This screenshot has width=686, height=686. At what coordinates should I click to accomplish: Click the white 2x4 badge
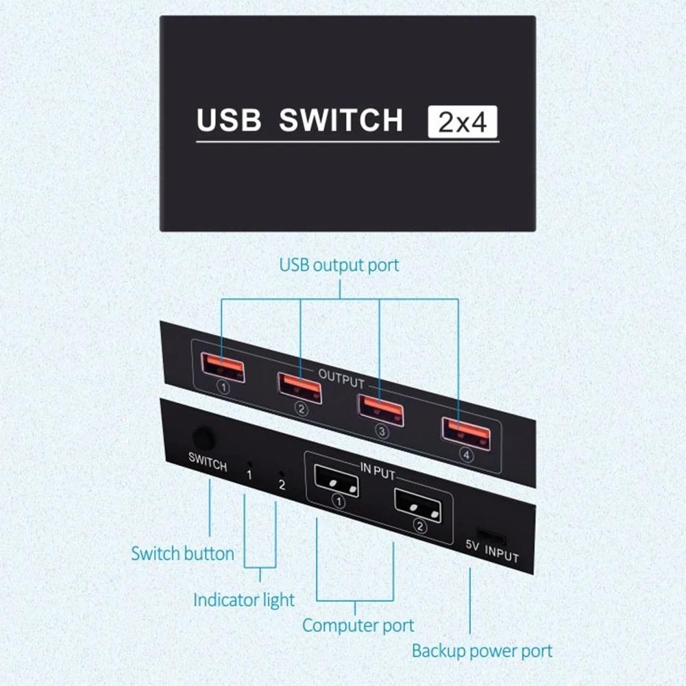click(463, 122)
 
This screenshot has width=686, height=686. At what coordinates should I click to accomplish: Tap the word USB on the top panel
click(229, 120)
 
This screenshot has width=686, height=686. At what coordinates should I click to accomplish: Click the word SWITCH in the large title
click(341, 120)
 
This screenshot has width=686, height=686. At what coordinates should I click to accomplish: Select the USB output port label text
click(339, 265)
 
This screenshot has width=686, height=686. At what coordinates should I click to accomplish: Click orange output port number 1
click(223, 367)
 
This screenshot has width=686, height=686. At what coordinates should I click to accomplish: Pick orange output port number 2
click(300, 388)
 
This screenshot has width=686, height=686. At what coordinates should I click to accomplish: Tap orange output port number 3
click(380, 410)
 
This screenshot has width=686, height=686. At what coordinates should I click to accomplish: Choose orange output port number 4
click(467, 433)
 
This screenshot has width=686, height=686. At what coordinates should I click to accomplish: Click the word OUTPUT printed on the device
click(341, 379)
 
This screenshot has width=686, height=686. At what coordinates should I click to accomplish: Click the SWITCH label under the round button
click(208, 462)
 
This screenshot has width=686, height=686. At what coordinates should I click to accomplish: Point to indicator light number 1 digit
click(249, 475)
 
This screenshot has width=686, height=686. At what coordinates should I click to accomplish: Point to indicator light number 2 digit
click(282, 485)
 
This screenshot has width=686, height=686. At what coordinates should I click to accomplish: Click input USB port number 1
click(336, 481)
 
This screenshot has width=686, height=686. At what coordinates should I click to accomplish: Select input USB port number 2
click(418, 505)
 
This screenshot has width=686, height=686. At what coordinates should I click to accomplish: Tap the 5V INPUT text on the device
click(492, 551)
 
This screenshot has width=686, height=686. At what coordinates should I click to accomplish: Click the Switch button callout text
click(183, 554)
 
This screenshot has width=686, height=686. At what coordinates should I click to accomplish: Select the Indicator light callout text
click(244, 600)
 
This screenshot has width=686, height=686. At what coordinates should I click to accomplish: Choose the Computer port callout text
click(358, 626)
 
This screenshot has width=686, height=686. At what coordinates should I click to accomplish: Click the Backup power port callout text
click(482, 651)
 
